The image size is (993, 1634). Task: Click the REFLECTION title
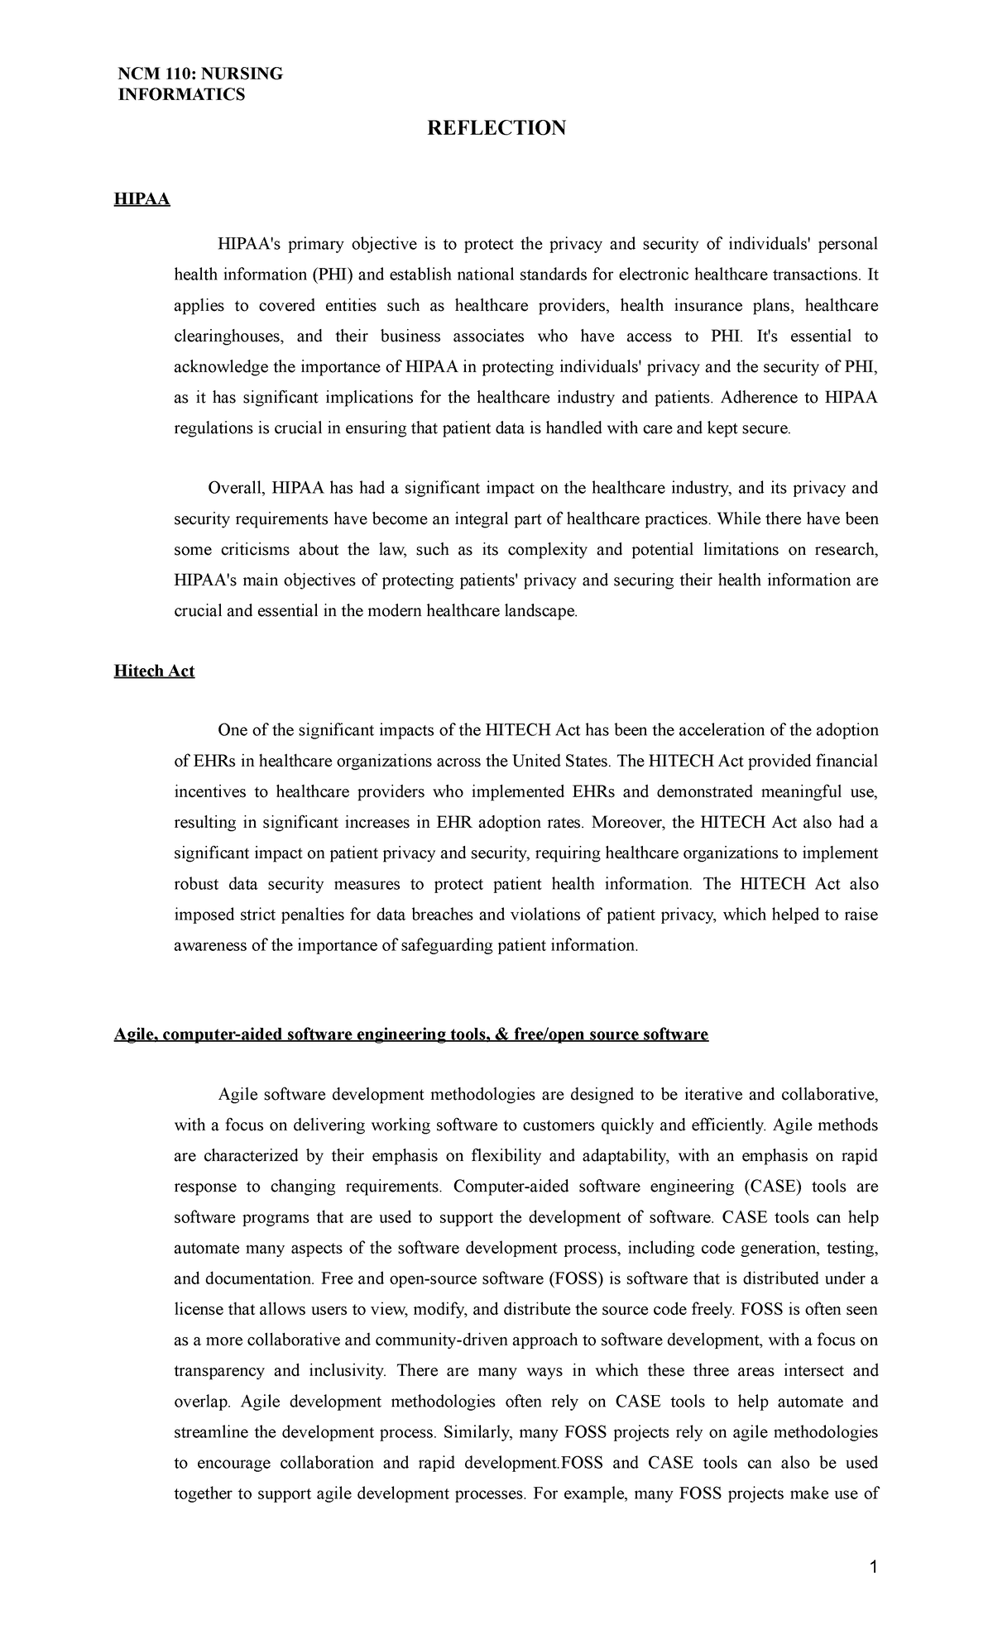point(496,128)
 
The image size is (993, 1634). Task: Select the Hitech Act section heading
point(154,671)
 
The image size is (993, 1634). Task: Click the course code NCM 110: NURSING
point(199,74)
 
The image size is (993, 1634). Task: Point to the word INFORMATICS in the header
point(180,95)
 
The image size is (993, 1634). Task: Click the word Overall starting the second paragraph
point(235,489)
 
